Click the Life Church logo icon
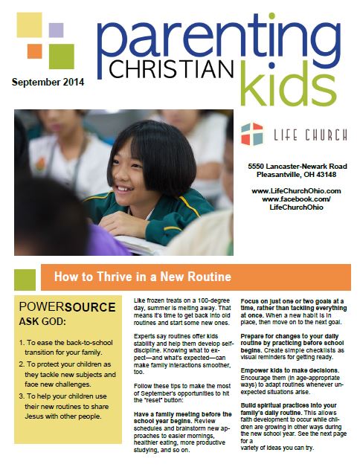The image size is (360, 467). (x=252, y=134)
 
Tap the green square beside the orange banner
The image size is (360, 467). (x=25, y=279)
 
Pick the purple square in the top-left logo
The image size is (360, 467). (x=56, y=30)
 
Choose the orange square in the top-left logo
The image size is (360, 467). (x=34, y=51)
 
